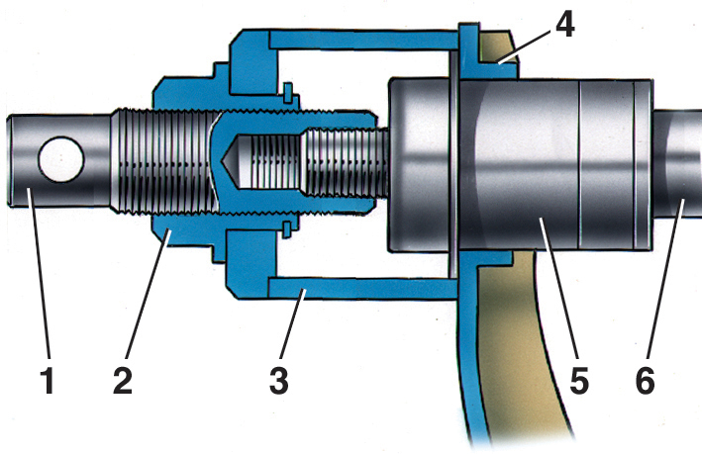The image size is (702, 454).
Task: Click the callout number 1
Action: click(47, 381)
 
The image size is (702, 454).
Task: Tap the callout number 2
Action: click(123, 381)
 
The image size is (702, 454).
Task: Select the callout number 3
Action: click(279, 381)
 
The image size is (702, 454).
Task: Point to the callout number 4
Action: click(565, 24)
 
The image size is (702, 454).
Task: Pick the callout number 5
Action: click(579, 381)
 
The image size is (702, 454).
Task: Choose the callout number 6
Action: click(645, 381)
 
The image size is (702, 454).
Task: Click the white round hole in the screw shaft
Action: click(61, 159)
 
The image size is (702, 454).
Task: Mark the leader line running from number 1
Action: click(39, 274)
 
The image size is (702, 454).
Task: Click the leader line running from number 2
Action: click(149, 294)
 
